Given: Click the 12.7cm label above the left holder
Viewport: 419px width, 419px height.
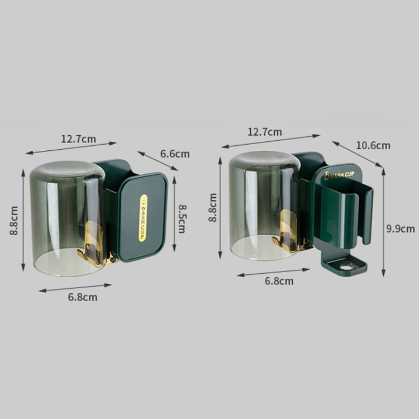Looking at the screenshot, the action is coord(79,139).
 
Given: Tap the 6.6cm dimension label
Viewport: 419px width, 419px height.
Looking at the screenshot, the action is coord(175,154).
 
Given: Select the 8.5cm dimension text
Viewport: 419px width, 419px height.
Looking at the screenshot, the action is coord(182,219).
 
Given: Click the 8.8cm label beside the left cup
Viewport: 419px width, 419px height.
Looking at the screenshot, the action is coord(14,221).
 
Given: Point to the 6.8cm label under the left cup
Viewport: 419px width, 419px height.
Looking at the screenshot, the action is coord(83,297).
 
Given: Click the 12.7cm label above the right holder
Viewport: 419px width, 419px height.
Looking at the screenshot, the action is coord(265,132).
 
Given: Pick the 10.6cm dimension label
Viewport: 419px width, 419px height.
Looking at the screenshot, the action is coord(373,146).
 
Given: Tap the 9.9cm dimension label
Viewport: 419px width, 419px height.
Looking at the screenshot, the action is coord(401,229).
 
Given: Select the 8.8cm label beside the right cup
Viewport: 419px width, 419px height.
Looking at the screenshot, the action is coord(213,207).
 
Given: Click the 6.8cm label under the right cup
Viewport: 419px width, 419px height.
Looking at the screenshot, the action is coord(279,281).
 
